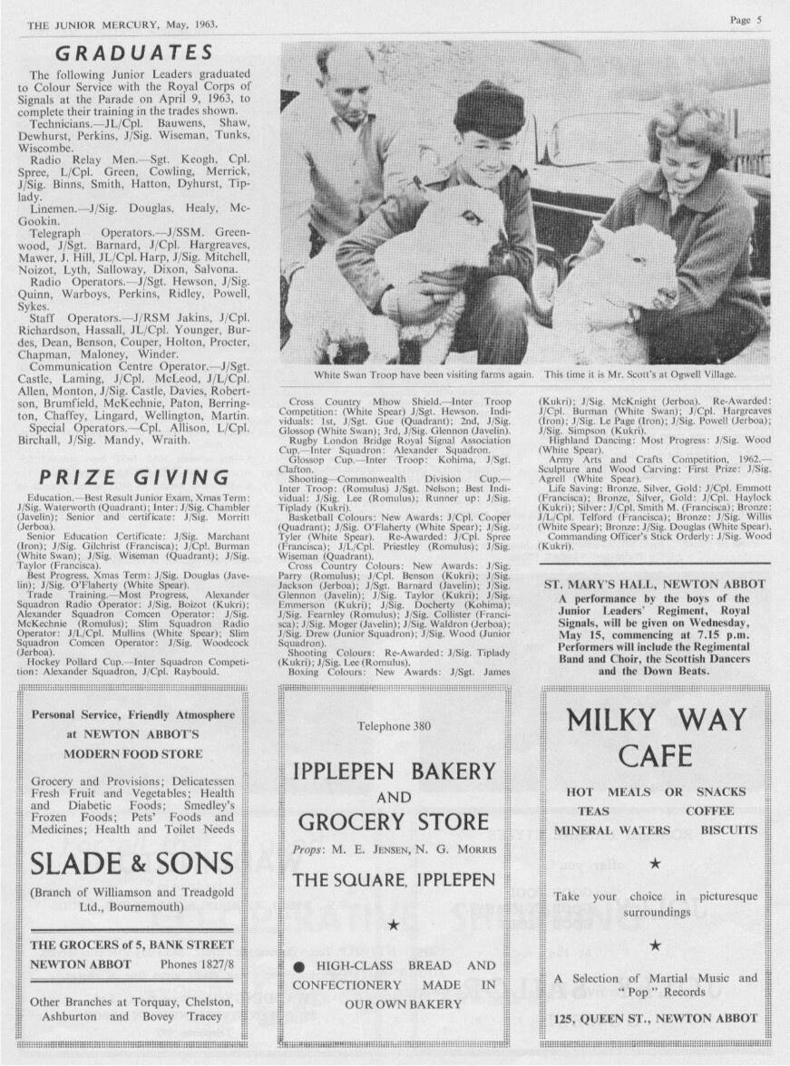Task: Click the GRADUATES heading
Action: [133, 53]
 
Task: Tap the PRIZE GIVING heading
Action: [133, 477]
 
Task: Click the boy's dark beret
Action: [489, 110]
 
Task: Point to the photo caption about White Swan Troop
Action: [525, 373]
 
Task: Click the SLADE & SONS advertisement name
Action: [132, 864]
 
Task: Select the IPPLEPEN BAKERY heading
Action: [395, 771]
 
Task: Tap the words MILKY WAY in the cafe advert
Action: [656, 721]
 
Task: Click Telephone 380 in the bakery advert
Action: [394, 726]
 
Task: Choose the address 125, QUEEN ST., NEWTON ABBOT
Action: [656, 1018]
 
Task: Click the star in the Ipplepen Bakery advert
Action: [394, 925]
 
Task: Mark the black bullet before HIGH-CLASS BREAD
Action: [297, 966]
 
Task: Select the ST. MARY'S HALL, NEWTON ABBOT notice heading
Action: [655, 585]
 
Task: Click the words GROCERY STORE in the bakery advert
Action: [394, 822]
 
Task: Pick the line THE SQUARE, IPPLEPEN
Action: [394, 879]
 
